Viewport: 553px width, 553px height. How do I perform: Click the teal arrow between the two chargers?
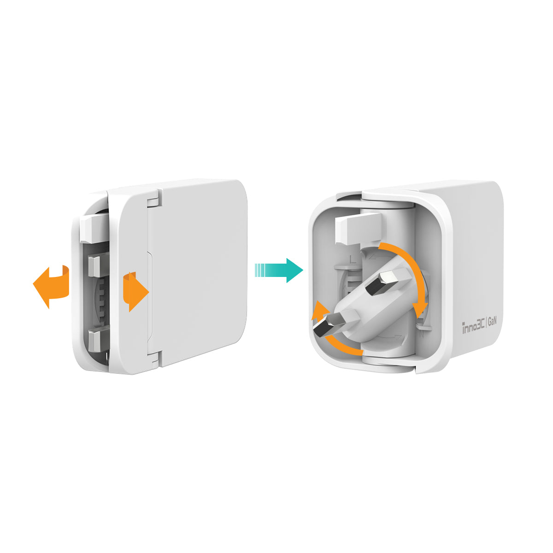click(x=279, y=271)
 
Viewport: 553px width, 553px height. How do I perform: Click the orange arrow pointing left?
click(x=51, y=286)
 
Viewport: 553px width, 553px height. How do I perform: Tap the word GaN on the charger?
click(x=492, y=322)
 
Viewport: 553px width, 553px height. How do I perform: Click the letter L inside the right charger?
click(x=353, y=260)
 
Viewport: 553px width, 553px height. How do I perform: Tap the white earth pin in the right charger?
click(x=358, y=229)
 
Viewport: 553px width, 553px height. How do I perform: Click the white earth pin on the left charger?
click(x=93, y=228)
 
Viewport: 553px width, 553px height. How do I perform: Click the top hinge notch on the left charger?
click(x=153, y=200)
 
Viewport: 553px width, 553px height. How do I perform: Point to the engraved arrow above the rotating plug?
click(x=378, y=256)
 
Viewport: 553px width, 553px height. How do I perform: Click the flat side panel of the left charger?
click(x=199, y=273)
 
